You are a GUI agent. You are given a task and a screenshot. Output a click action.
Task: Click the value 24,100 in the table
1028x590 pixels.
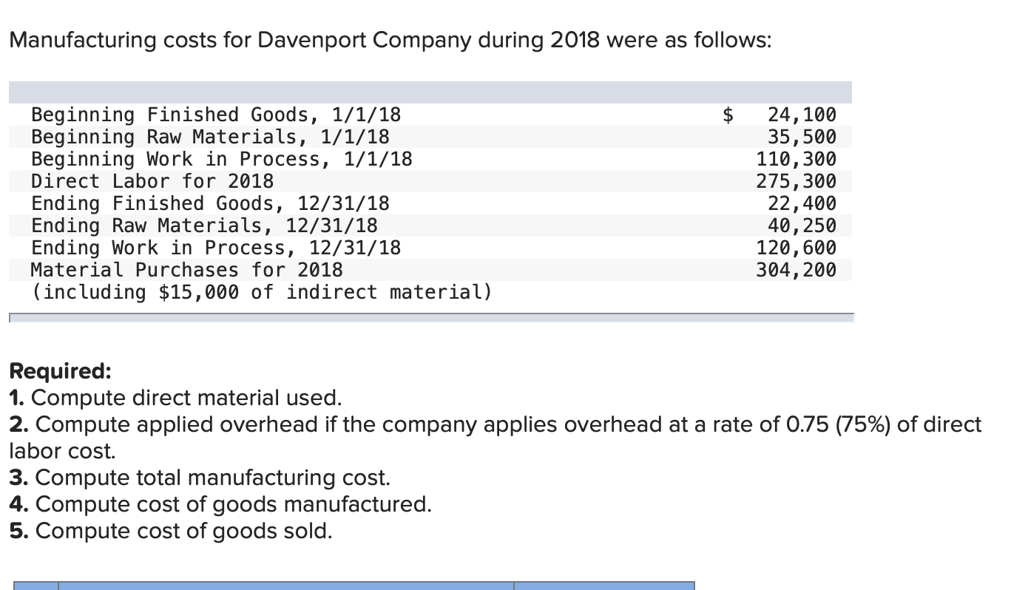coord(802,115)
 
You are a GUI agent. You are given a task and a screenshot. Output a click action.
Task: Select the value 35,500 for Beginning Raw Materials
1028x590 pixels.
coord(802,137)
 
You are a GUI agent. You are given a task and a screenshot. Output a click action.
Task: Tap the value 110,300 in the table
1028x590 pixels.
coord(796,159)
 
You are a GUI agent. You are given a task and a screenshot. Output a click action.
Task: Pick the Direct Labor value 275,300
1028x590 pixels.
coord(796,181)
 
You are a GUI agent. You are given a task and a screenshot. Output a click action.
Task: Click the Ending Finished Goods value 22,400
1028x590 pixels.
coord(802,203)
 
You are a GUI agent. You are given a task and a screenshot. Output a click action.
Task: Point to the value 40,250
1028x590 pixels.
coord(802,226)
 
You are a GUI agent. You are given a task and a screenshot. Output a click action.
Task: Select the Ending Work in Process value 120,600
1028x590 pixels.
coord(796,248)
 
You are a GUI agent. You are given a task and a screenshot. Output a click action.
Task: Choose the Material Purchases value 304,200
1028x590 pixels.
coord(796,270)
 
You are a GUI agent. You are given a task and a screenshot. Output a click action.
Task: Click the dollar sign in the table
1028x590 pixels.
coord(728,115)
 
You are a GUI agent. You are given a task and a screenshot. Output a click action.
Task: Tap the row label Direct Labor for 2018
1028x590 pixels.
coord(152,181)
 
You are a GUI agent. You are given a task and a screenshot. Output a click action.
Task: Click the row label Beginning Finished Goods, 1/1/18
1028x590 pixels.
coord(215,115)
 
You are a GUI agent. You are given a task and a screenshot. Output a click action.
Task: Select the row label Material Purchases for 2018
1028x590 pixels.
coord(186,270)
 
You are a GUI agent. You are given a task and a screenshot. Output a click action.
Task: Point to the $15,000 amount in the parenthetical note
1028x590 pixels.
coord(198,292)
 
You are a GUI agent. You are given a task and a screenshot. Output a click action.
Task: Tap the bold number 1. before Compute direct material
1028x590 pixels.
coord(17,398)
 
